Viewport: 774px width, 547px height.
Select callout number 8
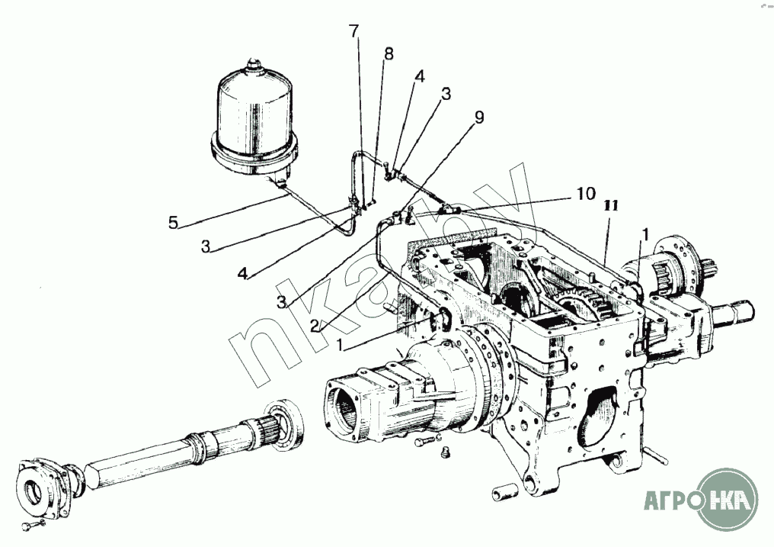coord(389,54)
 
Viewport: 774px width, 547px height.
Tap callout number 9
coord(478,117)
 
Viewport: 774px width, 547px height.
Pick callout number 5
coord(173,223)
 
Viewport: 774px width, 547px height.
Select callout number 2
coord(316,326)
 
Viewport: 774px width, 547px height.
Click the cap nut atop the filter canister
coord(254,65)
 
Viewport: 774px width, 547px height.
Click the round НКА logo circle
coord(727,498)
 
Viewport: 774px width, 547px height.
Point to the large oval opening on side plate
coord(599,418)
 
